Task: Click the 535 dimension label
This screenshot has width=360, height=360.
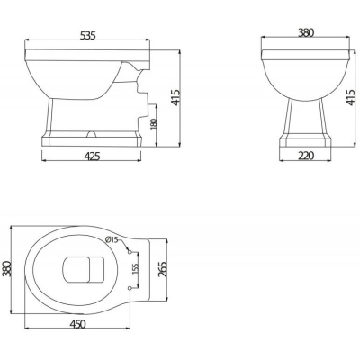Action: pos(88,36)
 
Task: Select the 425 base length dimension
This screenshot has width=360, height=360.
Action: pos(92,156)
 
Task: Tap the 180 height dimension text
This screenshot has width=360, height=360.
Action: pos(153,124)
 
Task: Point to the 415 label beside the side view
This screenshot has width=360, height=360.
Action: pos(175,97)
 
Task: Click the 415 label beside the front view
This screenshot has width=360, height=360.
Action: pos(351,97)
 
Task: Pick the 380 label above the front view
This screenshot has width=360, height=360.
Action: pos(306,32)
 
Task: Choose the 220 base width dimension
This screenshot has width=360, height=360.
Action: pos(306,156)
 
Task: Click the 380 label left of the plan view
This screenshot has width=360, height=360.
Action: pos(6,268)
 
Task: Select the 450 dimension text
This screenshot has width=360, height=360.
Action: pos(77,324)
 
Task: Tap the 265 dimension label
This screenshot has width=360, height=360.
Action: pos(162,269)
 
